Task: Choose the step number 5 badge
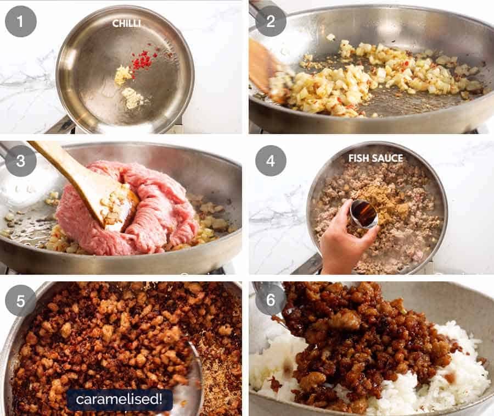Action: point(21,301)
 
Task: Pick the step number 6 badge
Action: point(271,301)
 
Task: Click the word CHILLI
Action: point(126,23)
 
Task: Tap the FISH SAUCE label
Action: point(375,158)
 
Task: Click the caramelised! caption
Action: point(119,400)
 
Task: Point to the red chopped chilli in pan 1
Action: point(143,60)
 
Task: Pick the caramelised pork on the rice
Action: point(362,341)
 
